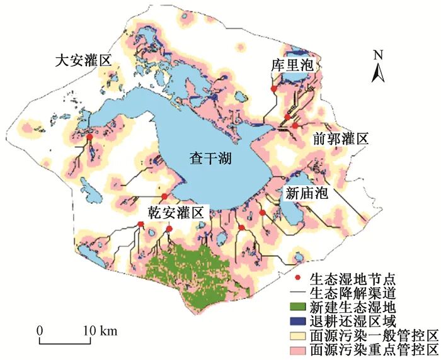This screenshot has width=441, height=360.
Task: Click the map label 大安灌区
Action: (83, 61)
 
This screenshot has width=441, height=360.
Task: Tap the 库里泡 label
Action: (289, 65)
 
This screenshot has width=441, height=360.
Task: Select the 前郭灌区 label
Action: (340, 139)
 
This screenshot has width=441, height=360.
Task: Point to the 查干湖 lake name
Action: (210, 159)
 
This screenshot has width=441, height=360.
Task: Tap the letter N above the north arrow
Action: (377, 54)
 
